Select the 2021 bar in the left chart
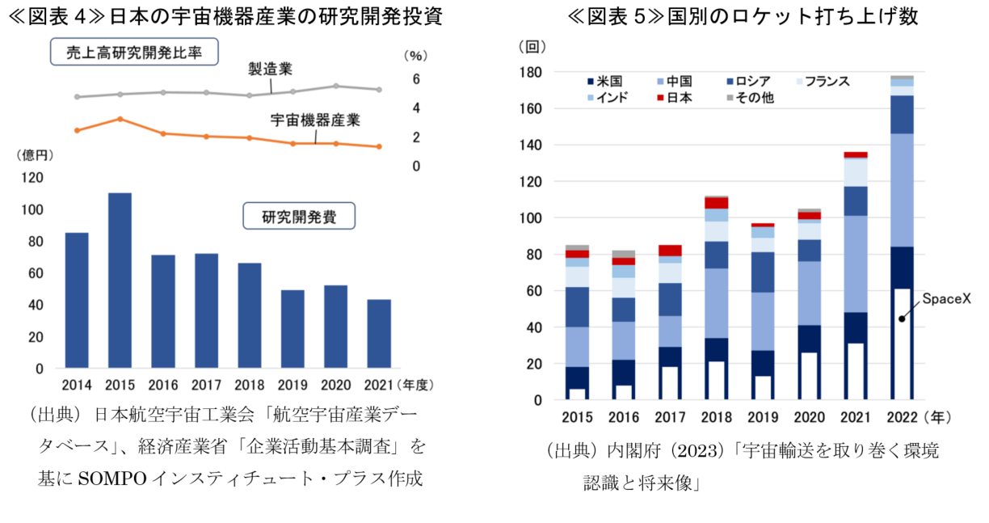(379, 333)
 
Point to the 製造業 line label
(271, 69)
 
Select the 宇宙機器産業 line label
(314, 120)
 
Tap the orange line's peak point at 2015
(120, 119)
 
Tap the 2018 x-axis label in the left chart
(250, 385)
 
